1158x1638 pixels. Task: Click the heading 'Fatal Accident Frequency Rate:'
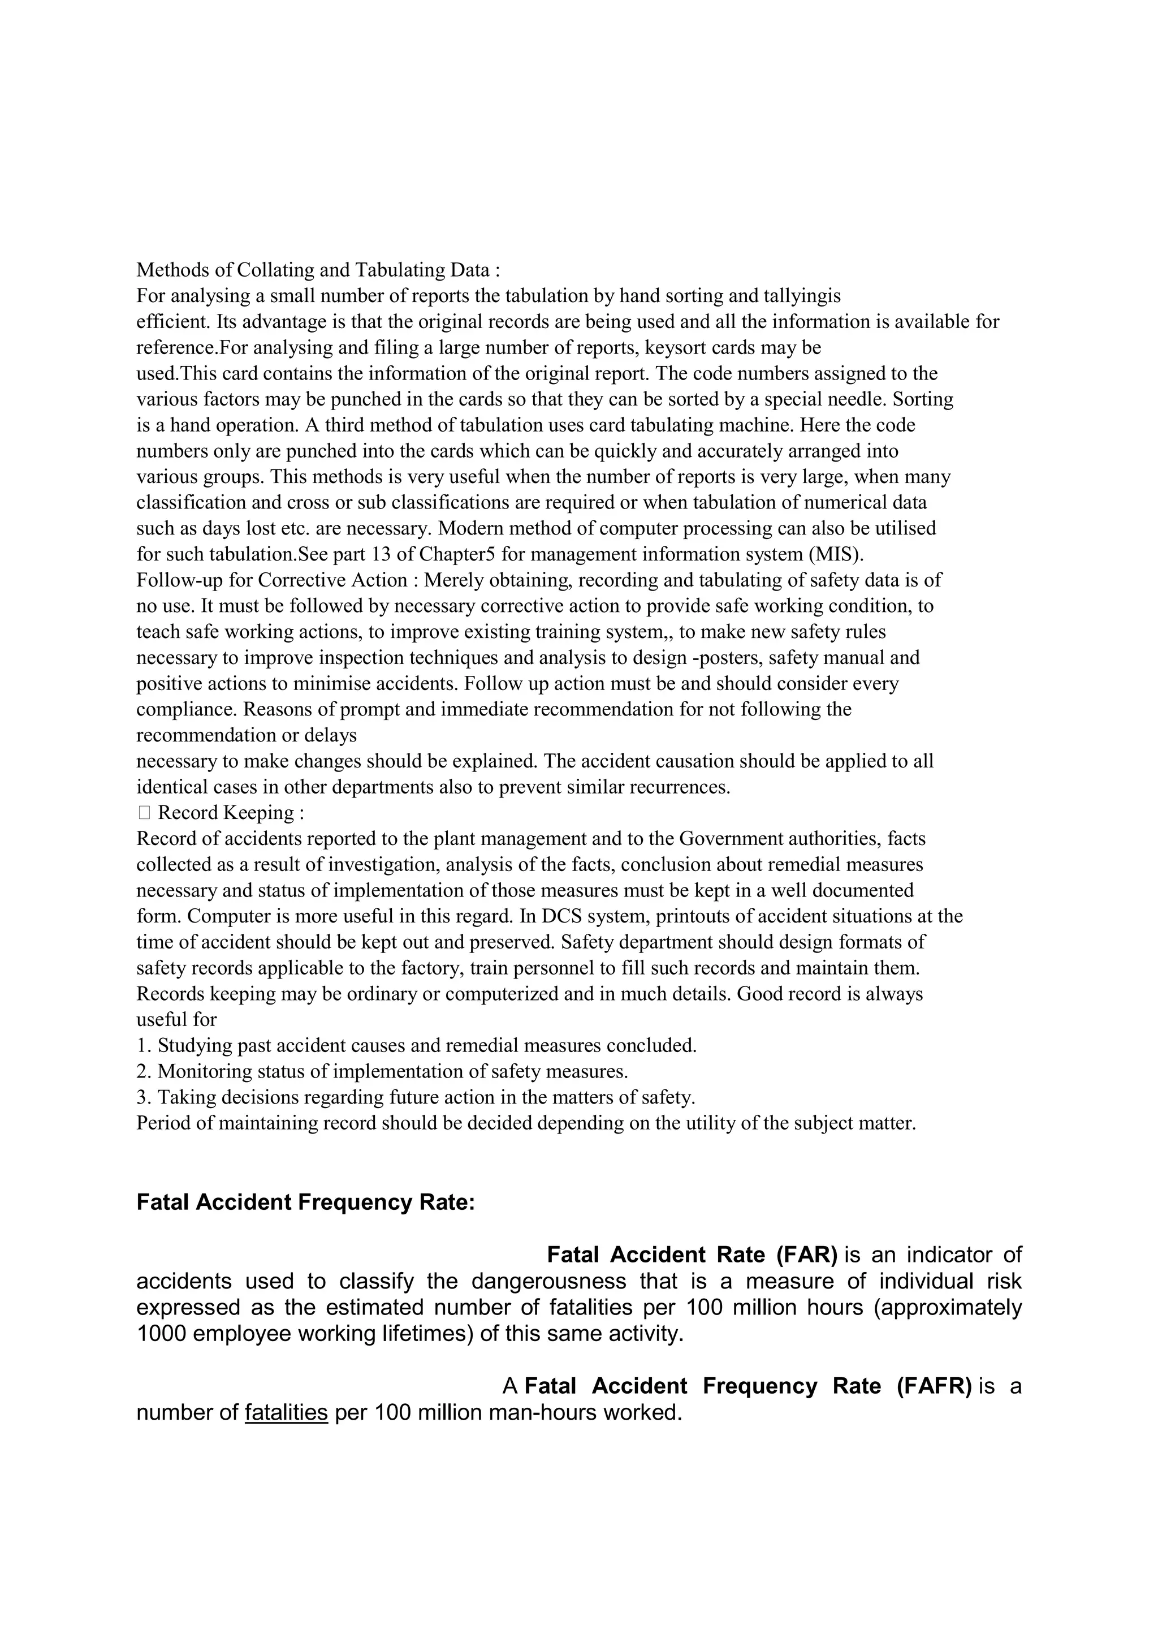tap(305, 1202)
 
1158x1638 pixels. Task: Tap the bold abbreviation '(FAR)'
tap(806, 1255)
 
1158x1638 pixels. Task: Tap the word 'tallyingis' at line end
tap(802, 295)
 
